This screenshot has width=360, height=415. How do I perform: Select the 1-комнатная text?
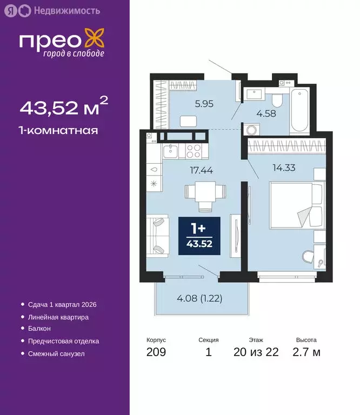(58, 130)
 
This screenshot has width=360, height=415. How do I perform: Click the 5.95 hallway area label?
(189, 104)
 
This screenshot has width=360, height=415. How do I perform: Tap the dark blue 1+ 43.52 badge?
(199, 237)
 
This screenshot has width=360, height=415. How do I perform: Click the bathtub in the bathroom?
(298, 112)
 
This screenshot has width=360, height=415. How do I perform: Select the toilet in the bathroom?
(277, 99)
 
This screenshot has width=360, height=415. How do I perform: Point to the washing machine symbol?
(251, 130)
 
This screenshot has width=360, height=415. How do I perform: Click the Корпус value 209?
(156, 352)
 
